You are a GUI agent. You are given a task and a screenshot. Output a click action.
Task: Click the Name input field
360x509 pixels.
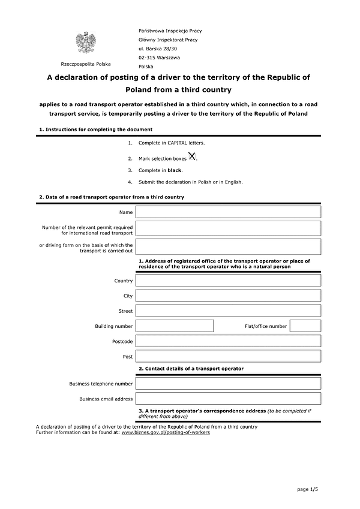228,212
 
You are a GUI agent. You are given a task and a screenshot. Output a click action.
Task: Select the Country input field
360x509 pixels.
228,281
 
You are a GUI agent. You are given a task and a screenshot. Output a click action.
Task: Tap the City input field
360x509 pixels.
228,296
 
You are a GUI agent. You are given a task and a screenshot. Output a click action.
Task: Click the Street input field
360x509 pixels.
228,311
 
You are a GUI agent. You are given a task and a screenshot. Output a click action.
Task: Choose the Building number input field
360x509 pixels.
175,326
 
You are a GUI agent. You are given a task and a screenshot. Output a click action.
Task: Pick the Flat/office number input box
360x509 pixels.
305,326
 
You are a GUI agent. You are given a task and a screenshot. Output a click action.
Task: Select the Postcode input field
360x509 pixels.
228,341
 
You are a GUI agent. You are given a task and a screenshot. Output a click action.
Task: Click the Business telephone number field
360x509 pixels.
228,384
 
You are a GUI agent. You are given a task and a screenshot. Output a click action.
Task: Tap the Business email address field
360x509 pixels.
228,399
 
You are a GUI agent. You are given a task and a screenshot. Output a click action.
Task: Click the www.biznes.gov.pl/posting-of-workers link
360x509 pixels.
166,432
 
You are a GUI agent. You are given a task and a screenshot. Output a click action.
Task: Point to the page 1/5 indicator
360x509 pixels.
307,490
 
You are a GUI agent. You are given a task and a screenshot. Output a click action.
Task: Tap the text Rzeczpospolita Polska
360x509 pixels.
85,64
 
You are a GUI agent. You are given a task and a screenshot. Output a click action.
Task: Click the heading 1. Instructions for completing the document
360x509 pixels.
95,129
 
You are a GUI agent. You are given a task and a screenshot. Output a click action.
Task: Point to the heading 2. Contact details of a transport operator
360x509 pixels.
191,368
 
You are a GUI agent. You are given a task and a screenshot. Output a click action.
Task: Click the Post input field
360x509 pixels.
228,357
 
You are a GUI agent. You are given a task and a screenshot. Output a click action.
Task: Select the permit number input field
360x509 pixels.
228,228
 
